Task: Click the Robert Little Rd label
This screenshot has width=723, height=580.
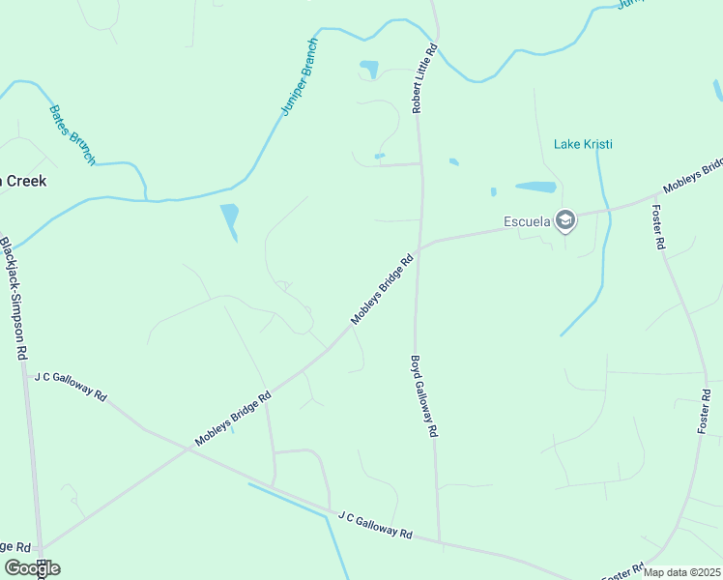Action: (425, 78)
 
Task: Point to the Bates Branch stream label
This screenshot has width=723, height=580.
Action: (72, 134)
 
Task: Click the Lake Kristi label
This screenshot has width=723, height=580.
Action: (583, 144)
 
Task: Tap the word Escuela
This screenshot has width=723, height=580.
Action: (528, 221)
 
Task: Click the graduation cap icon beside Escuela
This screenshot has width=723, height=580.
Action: (565, 221)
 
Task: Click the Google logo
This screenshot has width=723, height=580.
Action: (32, 568)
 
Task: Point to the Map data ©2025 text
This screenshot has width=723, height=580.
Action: (681, 572)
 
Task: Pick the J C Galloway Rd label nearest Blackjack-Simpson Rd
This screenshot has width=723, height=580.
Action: (71, 386)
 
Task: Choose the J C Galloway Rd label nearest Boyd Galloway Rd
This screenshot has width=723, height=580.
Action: (375, 527)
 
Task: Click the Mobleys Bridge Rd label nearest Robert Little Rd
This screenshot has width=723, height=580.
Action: (382, 289)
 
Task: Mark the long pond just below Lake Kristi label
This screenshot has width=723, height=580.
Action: (535, 187)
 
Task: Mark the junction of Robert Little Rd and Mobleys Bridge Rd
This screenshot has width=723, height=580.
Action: (420, 245)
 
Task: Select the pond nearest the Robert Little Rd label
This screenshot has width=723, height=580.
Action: (369, 70)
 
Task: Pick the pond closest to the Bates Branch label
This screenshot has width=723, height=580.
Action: (229, 221)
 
